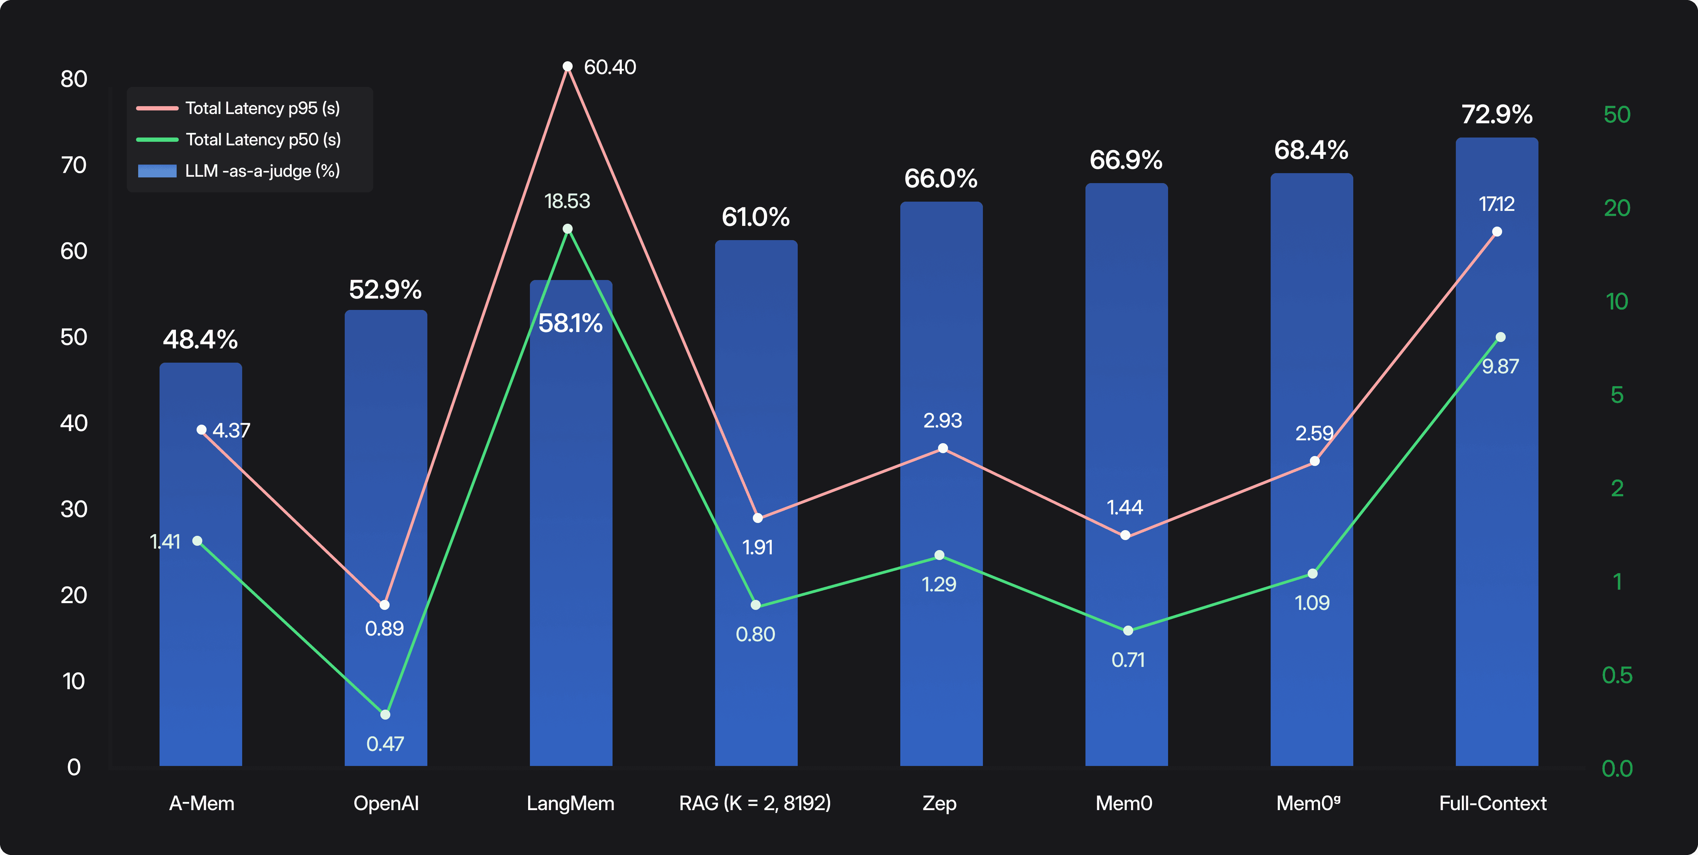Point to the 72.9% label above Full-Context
coord(1496,115)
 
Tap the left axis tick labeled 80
coord(74,79)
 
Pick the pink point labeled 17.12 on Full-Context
coord(1497,231)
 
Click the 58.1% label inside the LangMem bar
coord(570,323)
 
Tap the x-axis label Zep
coord(939,803)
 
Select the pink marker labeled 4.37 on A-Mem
coord(202,430)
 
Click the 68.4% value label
coord(1311,150)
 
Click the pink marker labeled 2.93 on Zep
coord(943,448)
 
